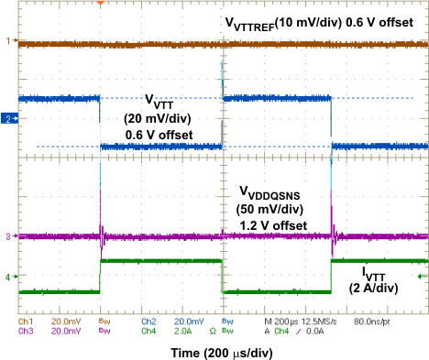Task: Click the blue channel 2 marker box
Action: click(7, 119)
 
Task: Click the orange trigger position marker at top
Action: click(101, 4)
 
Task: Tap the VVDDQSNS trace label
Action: click(271, 191)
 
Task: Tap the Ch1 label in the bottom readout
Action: click(27, 322)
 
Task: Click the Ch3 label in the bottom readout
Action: click(27, 331)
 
